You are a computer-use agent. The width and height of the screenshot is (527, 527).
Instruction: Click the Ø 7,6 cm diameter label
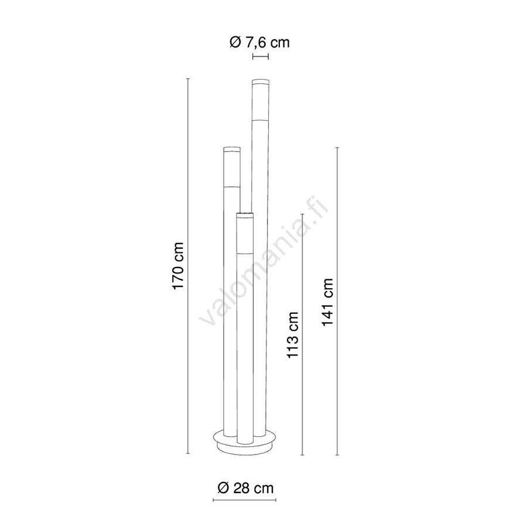point(259,42)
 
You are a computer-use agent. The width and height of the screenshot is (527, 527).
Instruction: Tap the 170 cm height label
point(178,265)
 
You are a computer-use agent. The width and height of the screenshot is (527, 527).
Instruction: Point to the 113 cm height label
point(293,335)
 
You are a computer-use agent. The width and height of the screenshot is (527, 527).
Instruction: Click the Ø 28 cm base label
point(246,488)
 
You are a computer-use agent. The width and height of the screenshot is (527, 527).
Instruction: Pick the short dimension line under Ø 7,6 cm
point(261,57)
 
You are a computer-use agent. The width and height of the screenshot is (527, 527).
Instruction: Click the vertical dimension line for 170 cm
point(188,266)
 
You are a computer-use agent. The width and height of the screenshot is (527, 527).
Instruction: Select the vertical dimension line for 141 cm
point(337,301)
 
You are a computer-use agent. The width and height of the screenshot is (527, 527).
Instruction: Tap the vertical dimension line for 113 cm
point(303,334)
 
